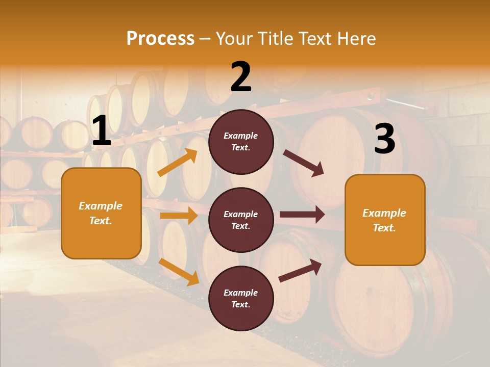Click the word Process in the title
coord(160,38)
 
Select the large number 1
coord(102,131)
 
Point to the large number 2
coord(241,77)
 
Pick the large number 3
coord(385,139)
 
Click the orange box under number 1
coord(101,213)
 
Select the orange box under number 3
coord(385,220)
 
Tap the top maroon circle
coord(241,142)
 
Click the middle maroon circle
coord(241,220)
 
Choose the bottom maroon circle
coord(241,298)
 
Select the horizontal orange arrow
coord(179,216)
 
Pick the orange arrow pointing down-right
coord(179,272)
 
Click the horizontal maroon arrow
coord(302,215)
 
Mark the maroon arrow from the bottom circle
coord(300,270)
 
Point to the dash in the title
coord(205,39)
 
